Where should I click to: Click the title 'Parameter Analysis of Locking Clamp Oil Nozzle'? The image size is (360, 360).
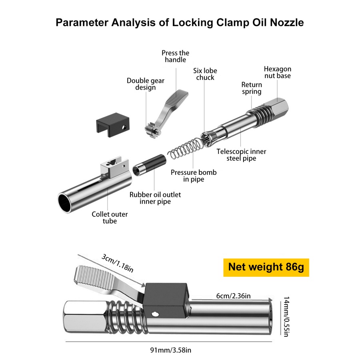click(x=180, y=22)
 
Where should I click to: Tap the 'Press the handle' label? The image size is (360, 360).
click(x=175, y=56)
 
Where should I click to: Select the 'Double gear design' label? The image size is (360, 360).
click(x=146, y=84)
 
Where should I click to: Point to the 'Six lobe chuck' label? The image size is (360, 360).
click(x=205, y=74)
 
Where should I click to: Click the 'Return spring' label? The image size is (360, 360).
click(x=252, y=88)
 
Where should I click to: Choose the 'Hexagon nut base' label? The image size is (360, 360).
click(x=277, y=72)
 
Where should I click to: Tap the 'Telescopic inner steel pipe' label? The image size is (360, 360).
click(x=241, y=155)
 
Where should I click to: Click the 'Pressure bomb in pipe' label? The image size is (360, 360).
click(x=194, y=176)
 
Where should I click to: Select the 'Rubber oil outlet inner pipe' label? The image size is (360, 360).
click(x=155, y=198)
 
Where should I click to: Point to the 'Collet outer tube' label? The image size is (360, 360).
click(x=110, y=217)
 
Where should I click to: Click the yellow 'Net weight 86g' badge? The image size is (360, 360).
click(x=266, y=267)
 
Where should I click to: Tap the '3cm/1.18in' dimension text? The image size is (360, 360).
click(x=117, y=262)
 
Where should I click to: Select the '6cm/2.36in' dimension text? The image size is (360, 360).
click(x=233, y=296)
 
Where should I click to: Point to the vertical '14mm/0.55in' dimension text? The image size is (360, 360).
click(x=286, y=316)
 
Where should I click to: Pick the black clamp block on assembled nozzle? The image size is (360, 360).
click(x=165, y=298)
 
